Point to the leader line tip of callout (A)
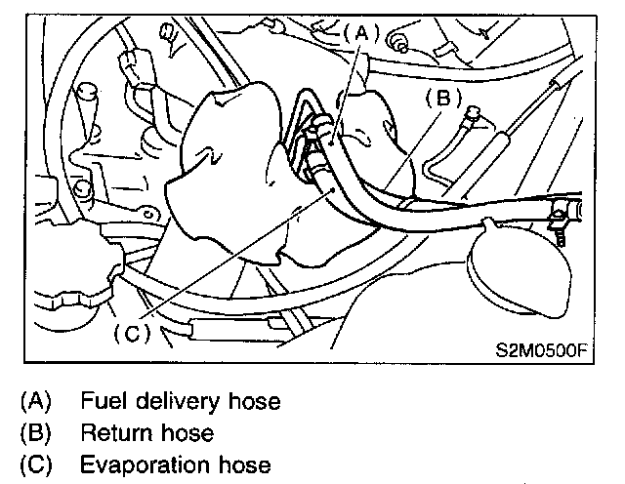pyautogui.click(x=331, y=142)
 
